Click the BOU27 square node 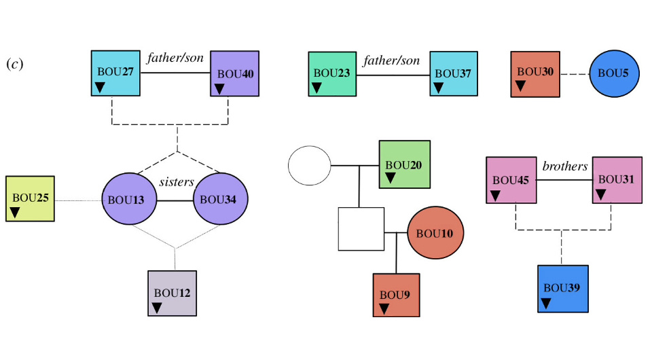click(x=116, y=73)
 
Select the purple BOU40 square click(x=234, y=73)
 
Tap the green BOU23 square click(x=332, y=73)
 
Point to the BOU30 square click(x=535, y=73)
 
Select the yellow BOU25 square click(x=31, y=199)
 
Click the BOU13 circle click(x=129, y=200)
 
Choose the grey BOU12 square click(x=173, y=293)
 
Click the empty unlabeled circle click(x=309, y=165)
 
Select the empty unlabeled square click(x=361, y=230)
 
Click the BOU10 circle click(x=435, y=233)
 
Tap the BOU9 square click(x=396, y=295)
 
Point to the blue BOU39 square click(x=562, y=288)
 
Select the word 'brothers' click(x=565, y=166)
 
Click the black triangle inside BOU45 click(x=496, y=195)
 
